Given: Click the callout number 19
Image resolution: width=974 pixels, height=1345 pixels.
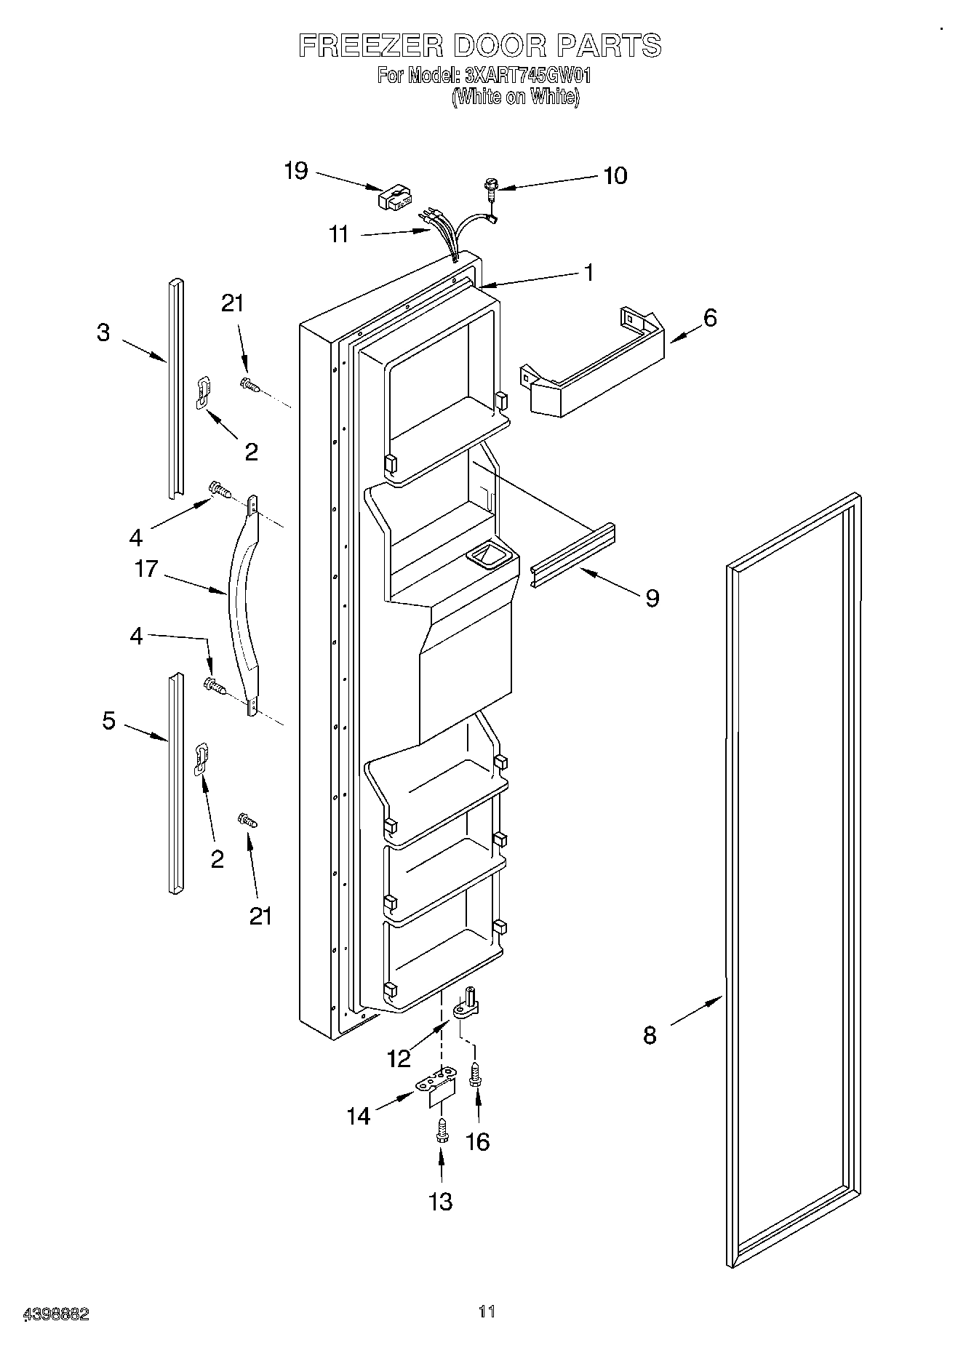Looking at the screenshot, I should coord(295,171).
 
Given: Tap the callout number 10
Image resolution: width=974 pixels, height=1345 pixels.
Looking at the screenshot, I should coord(615,175).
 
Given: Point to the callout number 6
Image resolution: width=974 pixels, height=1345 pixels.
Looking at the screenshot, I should coord(710,318).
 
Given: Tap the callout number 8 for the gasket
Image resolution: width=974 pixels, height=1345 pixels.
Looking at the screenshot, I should coord(650,1034).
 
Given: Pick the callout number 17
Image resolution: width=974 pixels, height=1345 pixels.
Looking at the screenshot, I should coord(146,568).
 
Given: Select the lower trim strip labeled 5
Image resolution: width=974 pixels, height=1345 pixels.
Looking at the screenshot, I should coord(175,782).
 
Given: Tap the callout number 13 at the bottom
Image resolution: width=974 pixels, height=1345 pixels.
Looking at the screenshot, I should coord(441,1201).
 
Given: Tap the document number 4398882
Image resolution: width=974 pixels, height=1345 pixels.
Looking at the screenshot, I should coord(56,1314).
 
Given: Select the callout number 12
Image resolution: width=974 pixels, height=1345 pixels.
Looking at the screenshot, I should coord(399,1058).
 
